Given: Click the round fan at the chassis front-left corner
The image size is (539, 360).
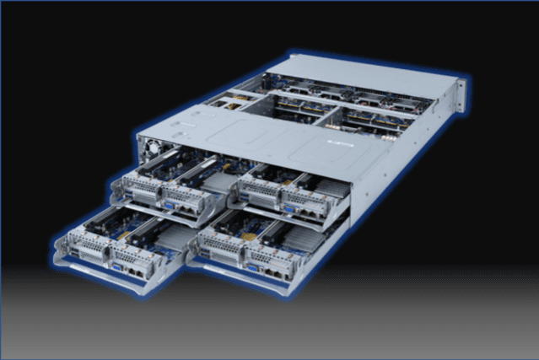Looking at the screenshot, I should pyautogui.click(x=152, y=148).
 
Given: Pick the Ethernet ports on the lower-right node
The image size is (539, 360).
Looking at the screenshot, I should pyautogui.click(x=272, y=271).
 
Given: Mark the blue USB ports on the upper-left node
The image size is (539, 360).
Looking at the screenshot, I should pyautogui.click(x=124, y=191).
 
